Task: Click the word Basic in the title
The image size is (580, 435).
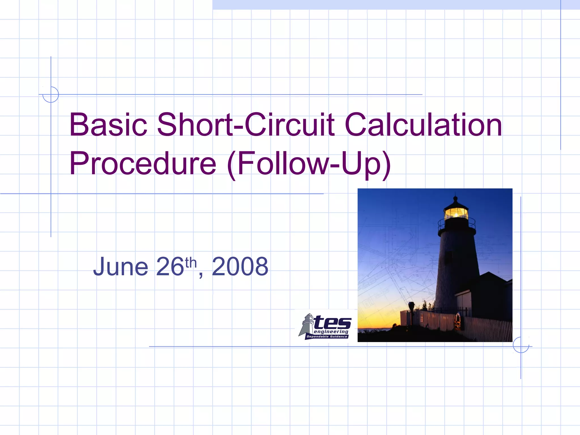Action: tap(108, 125)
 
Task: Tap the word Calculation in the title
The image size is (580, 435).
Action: tap(423, 125)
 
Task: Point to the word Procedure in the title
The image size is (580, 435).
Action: tap(143, 164)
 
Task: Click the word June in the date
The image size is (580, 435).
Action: tap(121, 266)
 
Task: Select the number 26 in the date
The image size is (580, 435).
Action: tap(170, 266)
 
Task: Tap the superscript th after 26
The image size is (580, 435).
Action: tap(191, 263)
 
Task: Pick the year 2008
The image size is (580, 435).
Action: tap(240, 266)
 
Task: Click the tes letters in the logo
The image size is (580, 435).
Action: tap(332, 323)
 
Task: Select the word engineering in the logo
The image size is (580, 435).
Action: tap(331, 332)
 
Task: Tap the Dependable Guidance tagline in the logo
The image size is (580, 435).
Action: tap(327, 337)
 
